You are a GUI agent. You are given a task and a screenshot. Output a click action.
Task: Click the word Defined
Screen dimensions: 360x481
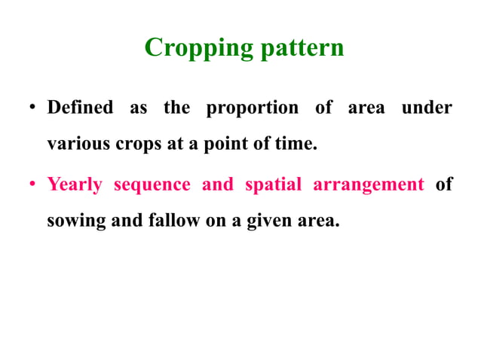pyautogui.click(x=79, y=108)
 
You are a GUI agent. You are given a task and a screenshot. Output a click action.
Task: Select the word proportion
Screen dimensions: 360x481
pyautogui.click(x=252, y=108)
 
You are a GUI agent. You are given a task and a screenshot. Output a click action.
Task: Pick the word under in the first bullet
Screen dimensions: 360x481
pyautogui.click(x=426, y=108)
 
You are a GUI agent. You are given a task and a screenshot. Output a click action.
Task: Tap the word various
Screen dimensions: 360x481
pyautogui.click(x=78, y=144)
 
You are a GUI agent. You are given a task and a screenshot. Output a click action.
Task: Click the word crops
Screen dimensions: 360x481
pyautogui.click(x=138, y=144)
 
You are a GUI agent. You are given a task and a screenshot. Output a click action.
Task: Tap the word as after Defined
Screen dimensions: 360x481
pyautogui.click(x=138, y=108)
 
